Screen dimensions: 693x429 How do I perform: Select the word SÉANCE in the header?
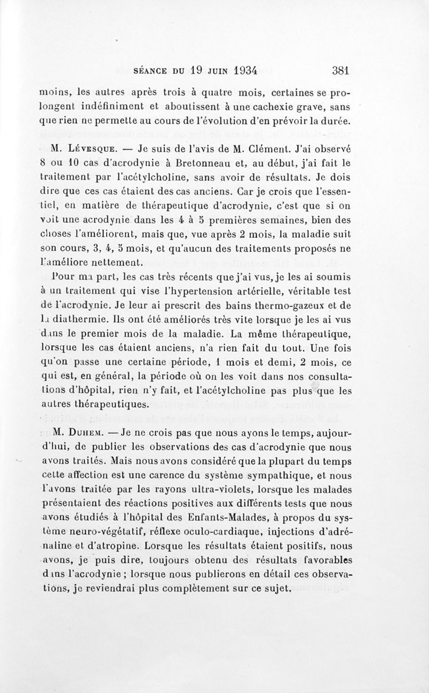pos(152,70)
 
